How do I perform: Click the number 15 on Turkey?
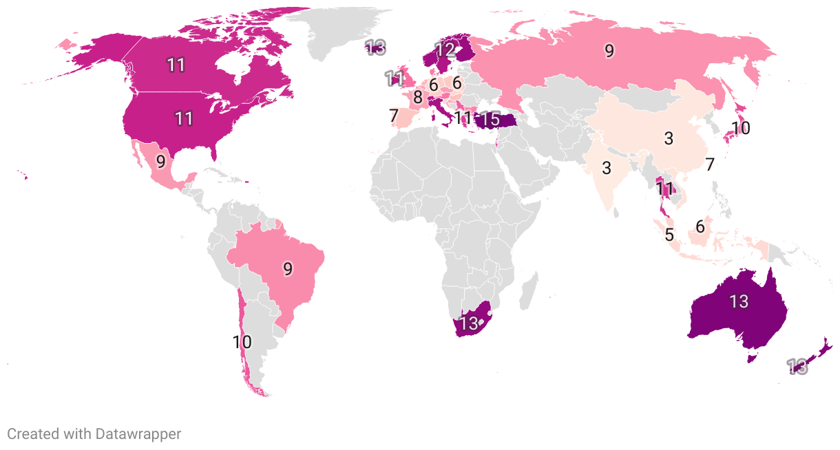click(490, 119)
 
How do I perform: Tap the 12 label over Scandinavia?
click(445, 50)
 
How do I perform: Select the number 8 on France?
click(417, 97)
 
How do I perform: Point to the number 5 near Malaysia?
click(669, 234)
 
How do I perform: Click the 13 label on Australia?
click(739, 301)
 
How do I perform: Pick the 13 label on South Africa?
click(468, 323)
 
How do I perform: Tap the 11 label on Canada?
click(176, 65)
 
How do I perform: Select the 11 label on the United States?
click(183, 118)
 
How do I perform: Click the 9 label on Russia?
click(609, 50)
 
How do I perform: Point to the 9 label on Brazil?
click(288, 268)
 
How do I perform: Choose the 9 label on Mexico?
click(160, 162)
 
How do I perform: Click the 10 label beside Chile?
click(242, 341)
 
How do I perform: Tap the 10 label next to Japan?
click(741, 128)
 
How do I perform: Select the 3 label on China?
click(668, 138)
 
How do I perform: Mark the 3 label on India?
click(607, 168)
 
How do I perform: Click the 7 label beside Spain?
click(393, 116)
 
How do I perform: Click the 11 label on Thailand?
click(664, 189)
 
